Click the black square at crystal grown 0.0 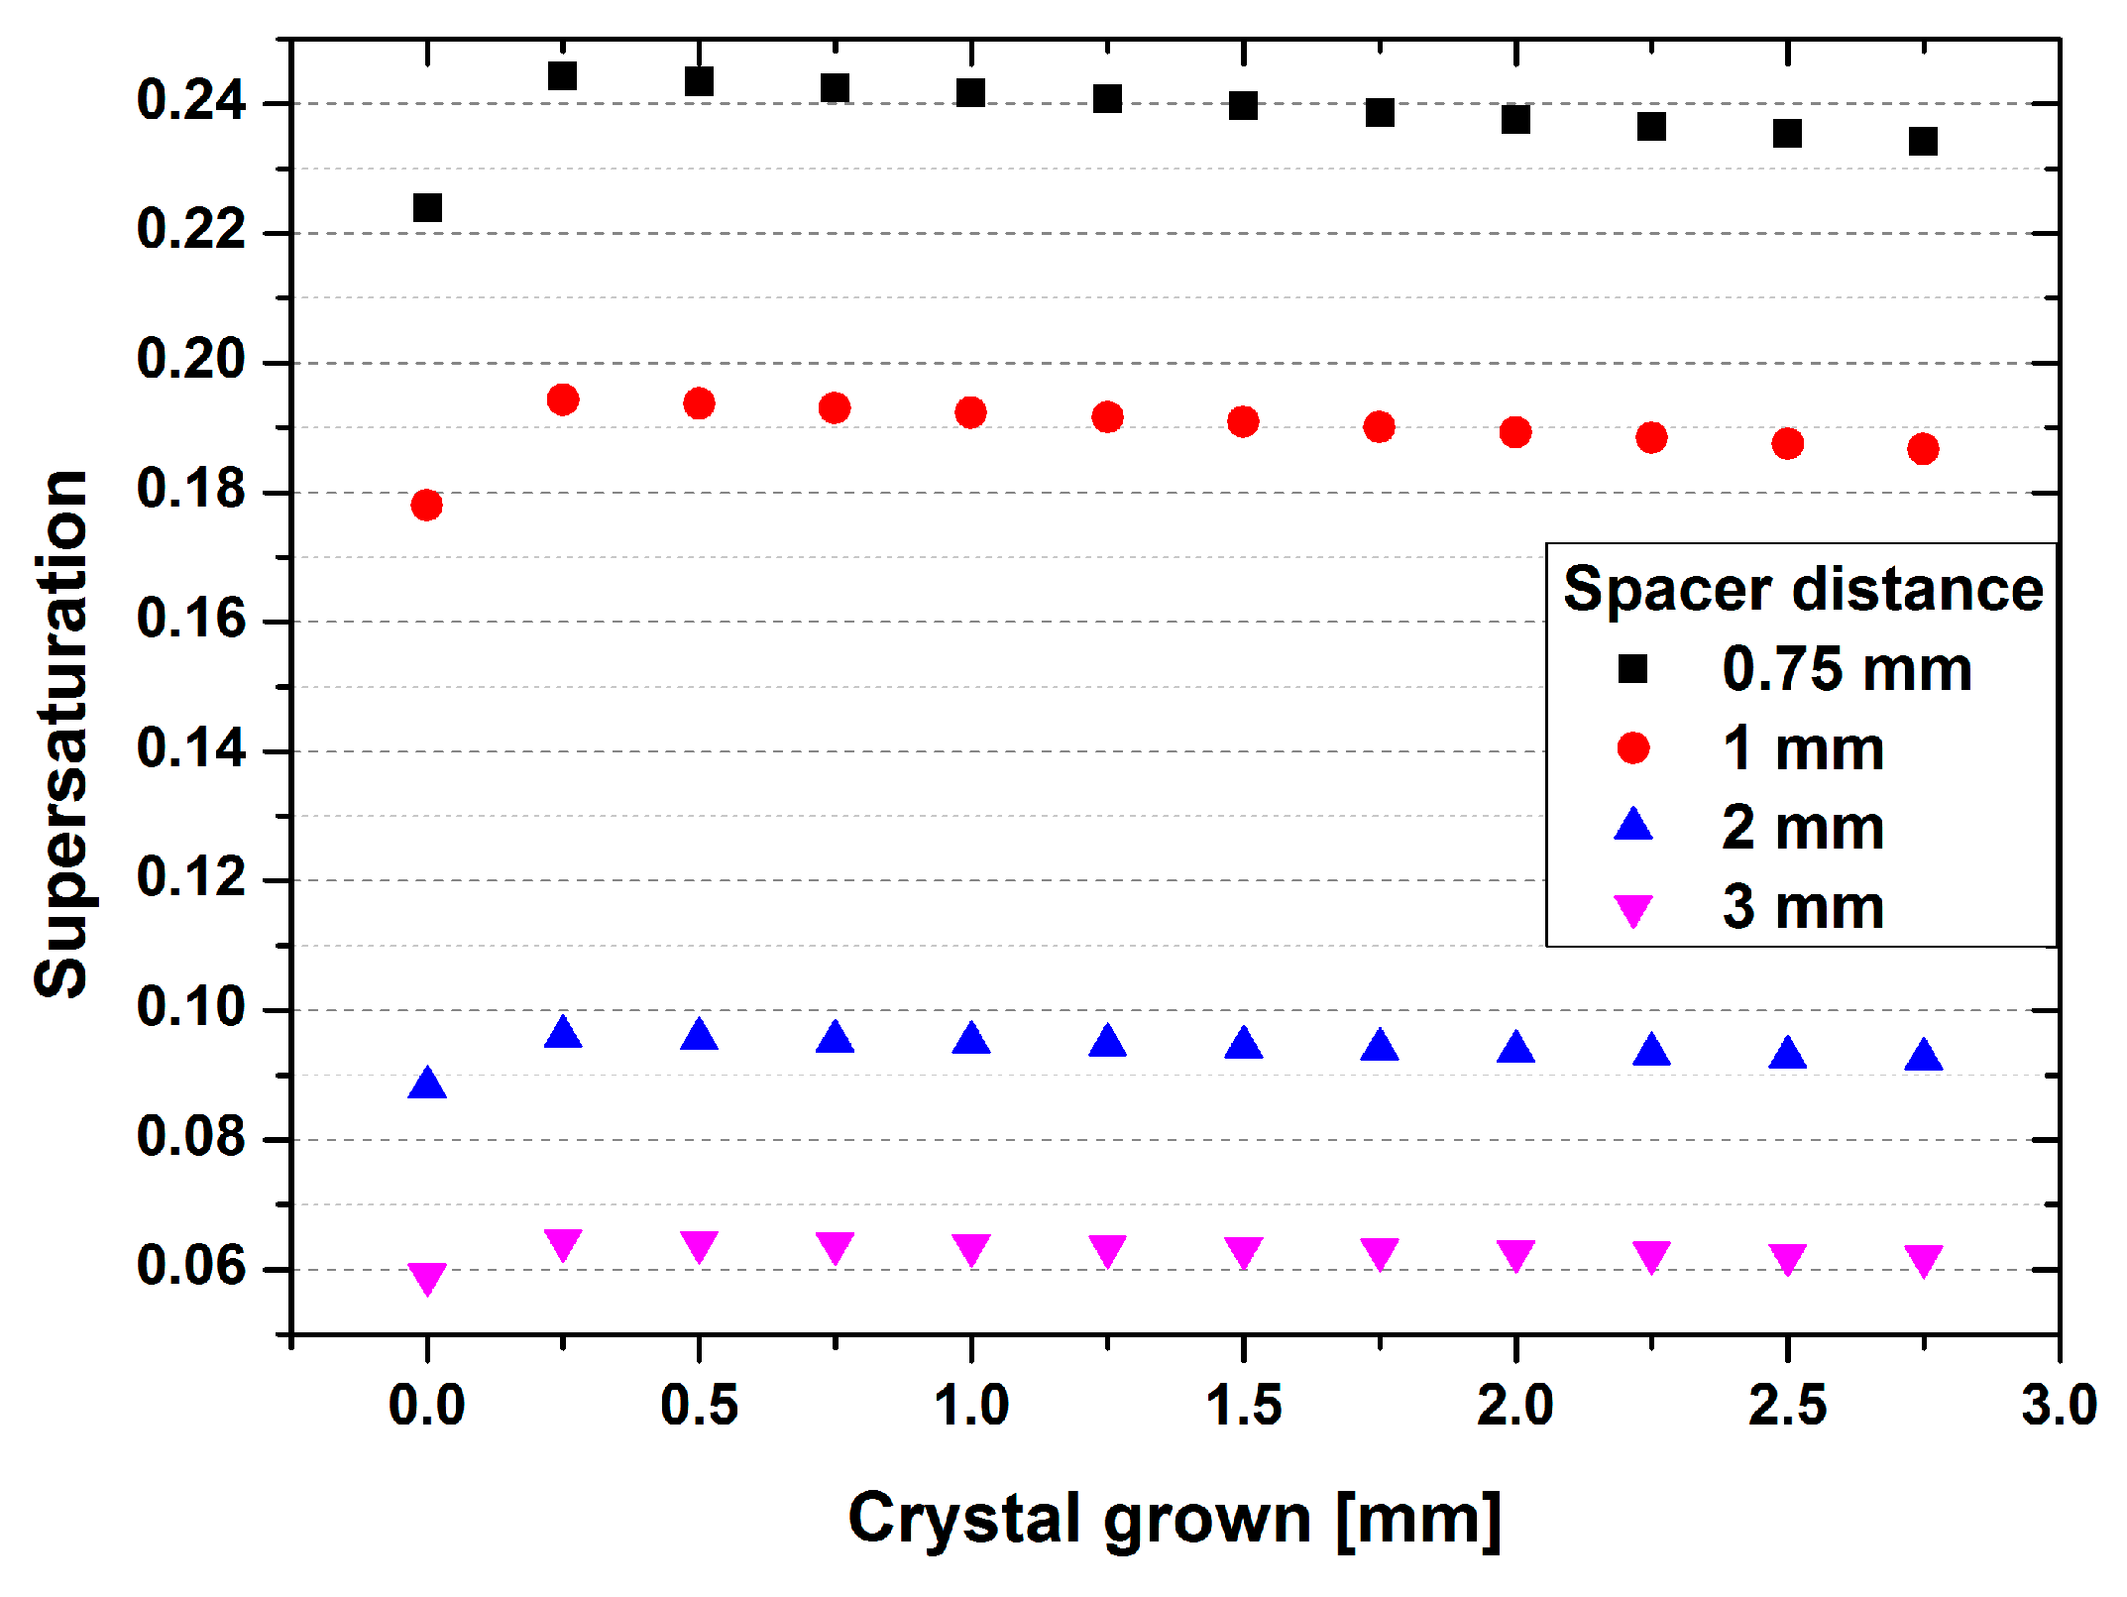point(427,208)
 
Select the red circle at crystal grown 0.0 point(427,506)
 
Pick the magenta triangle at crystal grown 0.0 point(427,1277)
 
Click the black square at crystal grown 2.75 point(1924,142)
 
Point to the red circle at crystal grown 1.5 point(1243,422)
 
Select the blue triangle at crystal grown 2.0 point(1515,1049)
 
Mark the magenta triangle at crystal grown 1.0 point(971,1249)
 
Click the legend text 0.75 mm point(1847,669)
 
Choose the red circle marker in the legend point(1633,748)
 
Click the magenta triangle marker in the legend point(1633,910)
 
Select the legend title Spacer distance point(1803,589)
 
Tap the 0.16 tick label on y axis point(190,620)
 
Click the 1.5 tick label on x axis point(1243,1406)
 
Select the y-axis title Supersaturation point(61,734)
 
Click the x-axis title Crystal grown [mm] point(1175,1519)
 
